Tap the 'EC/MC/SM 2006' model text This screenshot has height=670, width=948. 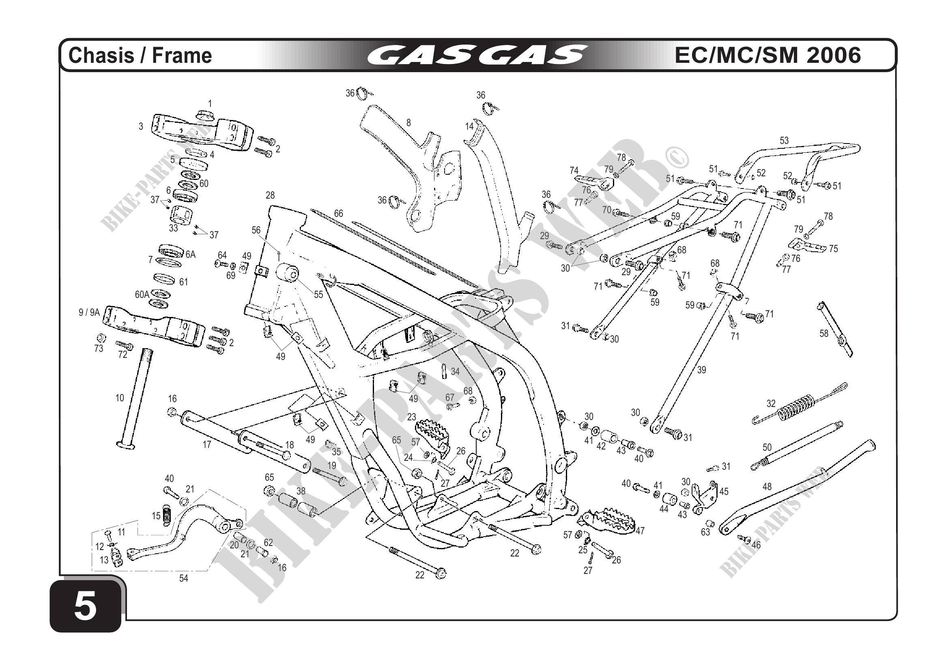pyautogui.click(x=767, y=55)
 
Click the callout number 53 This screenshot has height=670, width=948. pyautogui.click(x=784, y=141)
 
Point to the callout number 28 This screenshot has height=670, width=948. pyautogui.click(x=270, y=195)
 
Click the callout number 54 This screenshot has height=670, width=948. pyautogui.click(x=183, y=578)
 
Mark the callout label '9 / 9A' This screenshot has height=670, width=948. pyautogui.click(x=89, y=313)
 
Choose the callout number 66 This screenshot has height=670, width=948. pyautogui.click(x=339, y=213)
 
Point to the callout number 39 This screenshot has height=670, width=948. pyautogui.click(x=701, y=370)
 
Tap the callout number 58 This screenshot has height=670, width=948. pyautogui.click(x=824, y=333)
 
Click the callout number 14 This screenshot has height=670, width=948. pyautogui.click(x=469, y=126)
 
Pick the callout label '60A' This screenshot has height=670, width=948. pyautogui.click(x=142, y=295)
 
